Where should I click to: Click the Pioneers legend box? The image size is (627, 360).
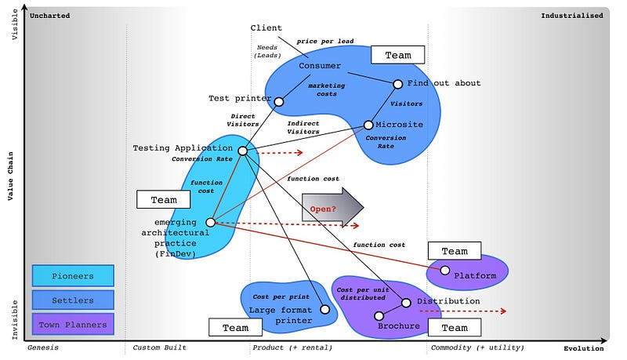pos(73,276)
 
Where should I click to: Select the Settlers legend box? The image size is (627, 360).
pos(73,300)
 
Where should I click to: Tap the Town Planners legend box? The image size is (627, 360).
pos(73,323)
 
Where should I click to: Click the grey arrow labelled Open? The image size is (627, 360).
pos(332,209)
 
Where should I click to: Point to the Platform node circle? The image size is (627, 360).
pos(445,271)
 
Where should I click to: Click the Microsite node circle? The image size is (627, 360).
pos(368,125)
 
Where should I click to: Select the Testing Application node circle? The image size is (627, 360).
pos(242,151)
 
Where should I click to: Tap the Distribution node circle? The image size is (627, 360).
pos(407,303)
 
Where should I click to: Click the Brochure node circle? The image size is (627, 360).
pos(379,316)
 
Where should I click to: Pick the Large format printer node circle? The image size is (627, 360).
pos(325,310)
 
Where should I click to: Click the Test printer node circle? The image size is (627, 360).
pos(277,100)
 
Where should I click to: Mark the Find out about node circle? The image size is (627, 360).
pos(398,84)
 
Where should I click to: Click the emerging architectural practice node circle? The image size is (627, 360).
pos(211,223)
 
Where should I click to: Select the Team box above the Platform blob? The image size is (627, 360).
pos(455,251)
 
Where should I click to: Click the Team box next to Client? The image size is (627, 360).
pos(397,55)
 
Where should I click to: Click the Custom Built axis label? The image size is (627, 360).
pos(159,347)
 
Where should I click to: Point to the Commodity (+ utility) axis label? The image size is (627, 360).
pos(477,347)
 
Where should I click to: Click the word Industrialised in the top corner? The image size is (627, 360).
pos(572,15)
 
